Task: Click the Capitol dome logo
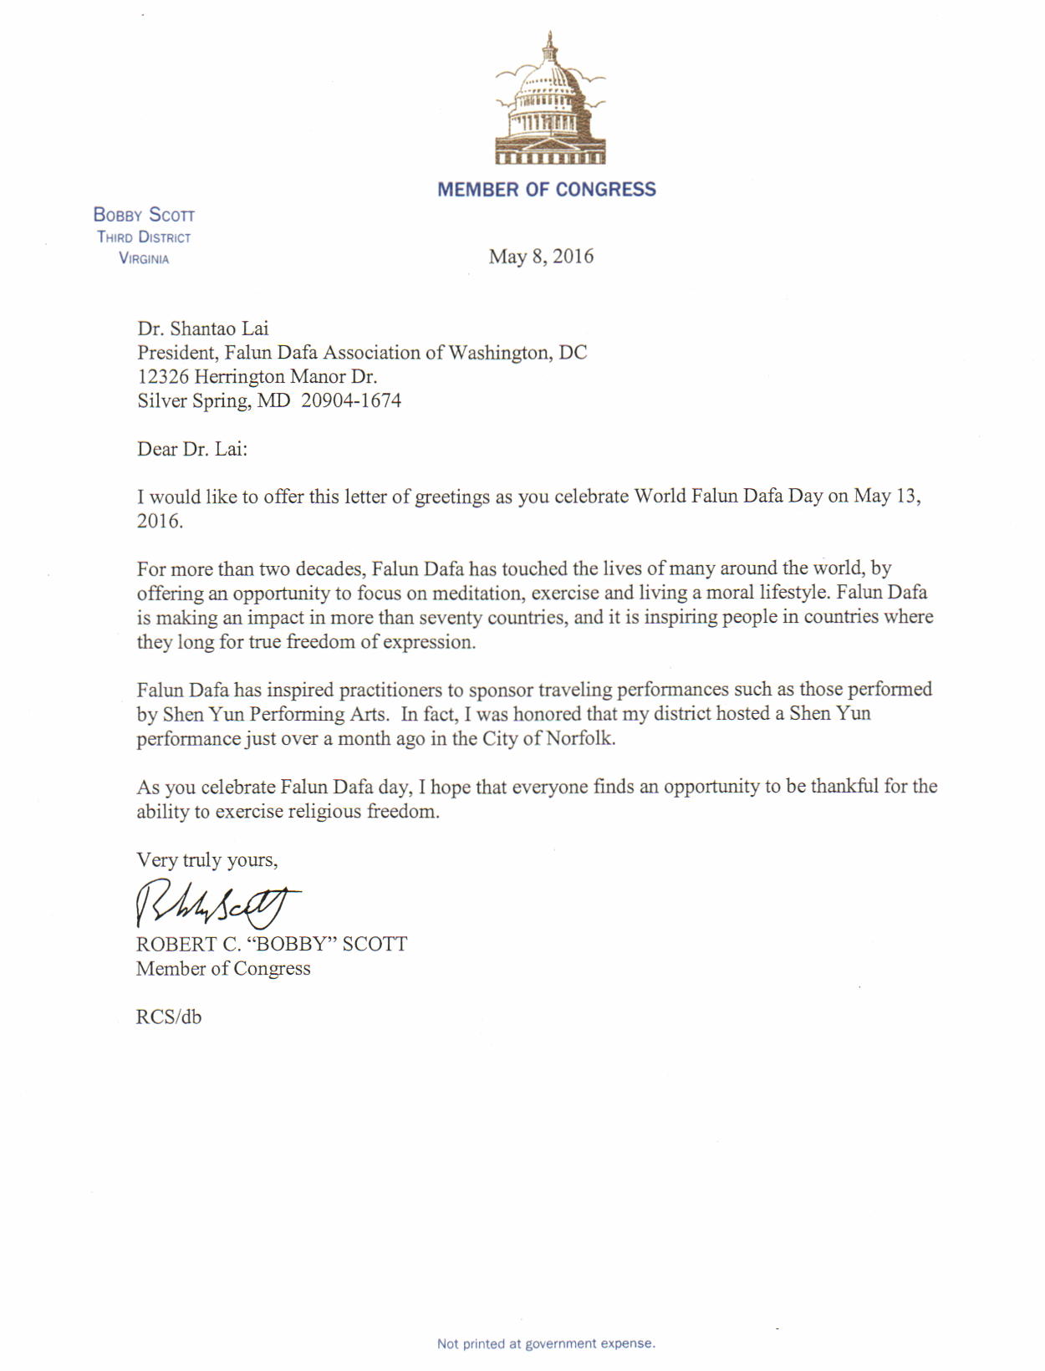(x=549, y=100)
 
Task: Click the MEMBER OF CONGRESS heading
(x=547, y=190)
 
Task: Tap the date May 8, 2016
(x=541, y=257)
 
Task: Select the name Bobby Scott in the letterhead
(x=144, y=215)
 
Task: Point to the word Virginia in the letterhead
(x=144, y=258)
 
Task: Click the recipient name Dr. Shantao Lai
(x=203, y=329)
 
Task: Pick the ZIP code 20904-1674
(x=351, y=401)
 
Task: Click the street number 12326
(x=163, y=377)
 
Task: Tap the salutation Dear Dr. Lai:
(x=192, y=450)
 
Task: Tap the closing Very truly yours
(x=206, y=860)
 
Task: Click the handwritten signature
(x=217, y=903)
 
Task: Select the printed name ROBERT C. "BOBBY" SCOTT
(x=272, y=945)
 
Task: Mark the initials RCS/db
(x=169, y=1017)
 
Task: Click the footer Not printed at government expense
(x=546, y=1343)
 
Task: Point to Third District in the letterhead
(x=144, y=237)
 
